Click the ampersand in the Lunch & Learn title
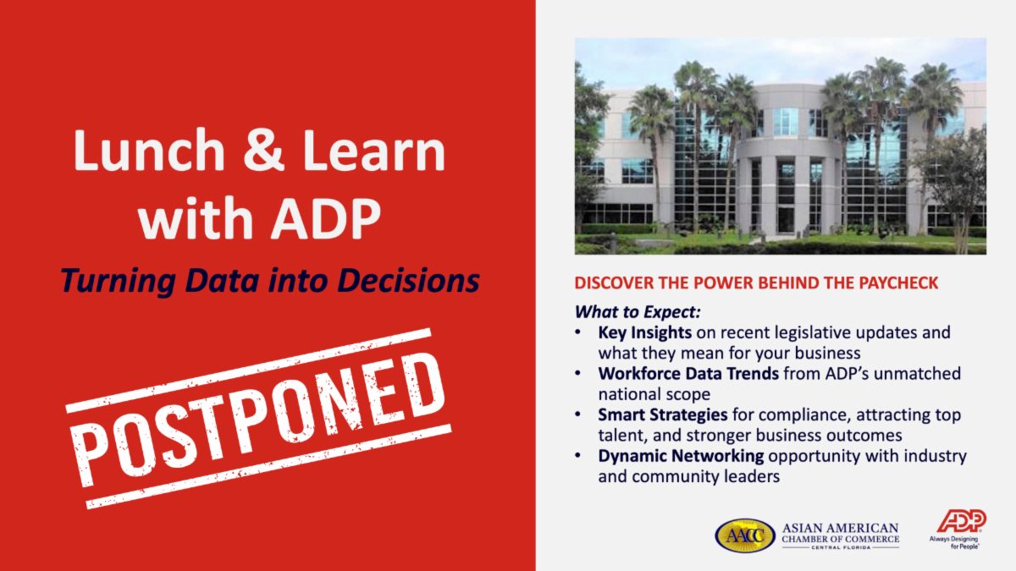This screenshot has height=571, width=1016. [x=263, y=150]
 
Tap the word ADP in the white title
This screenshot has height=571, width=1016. [x=326, y=218]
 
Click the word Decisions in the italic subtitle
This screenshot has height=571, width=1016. [x=408, y=280]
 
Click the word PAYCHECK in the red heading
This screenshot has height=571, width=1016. [x=898, y=283]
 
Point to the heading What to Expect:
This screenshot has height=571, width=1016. [x=638, y=312]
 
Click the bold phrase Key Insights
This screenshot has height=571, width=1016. [x=644, y=332]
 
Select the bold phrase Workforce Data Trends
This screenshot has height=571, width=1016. [x=688, y=373]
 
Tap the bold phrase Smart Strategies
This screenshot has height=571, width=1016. [x=663, y=415]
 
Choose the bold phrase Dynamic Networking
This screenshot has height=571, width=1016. [x=681, y=456]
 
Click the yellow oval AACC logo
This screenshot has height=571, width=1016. [x=745, y=535]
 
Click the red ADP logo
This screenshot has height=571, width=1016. [x=962, y=521]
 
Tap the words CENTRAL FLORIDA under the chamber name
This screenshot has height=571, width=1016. [x=841, y=547]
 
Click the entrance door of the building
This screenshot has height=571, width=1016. [x=786, y=220]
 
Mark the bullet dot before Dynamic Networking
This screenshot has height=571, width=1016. [x=577, y=456]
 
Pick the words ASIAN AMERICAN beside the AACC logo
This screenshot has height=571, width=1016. [x=841, y=529]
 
